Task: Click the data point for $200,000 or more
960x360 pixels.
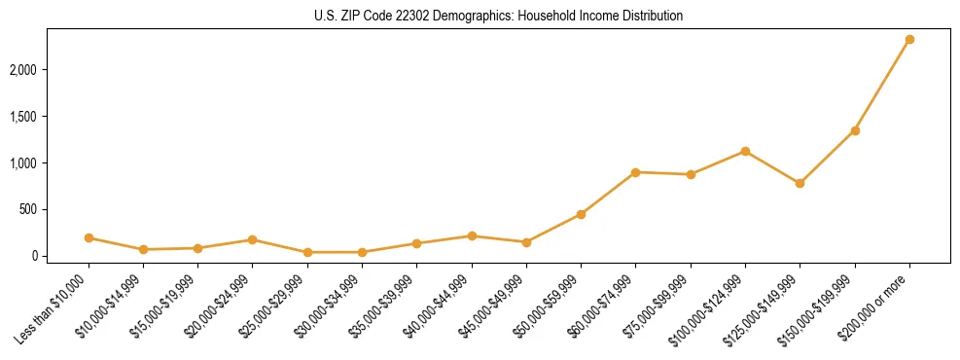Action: tap(909, 40)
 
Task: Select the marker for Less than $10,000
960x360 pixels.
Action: tap(89, 237)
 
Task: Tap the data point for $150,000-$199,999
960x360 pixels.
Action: tap(855, 130)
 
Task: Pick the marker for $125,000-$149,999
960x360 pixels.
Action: tap(800, 183)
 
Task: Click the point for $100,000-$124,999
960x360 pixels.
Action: tap(745, 151)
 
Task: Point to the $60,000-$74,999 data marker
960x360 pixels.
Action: tap(635, 172)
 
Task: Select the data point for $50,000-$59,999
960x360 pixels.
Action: tap(581, 214)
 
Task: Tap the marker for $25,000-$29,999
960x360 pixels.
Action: tap(307, 252)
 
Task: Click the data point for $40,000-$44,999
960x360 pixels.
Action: tap(472, 235)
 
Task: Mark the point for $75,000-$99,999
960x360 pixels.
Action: tap(691, 175)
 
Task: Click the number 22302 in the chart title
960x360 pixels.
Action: tap(401, 17)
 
